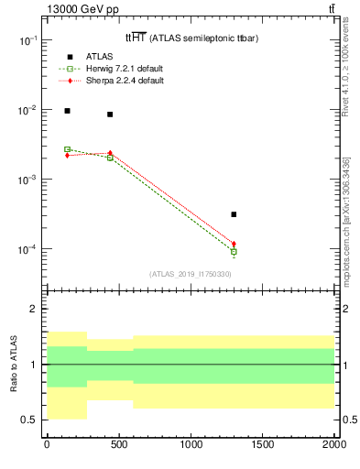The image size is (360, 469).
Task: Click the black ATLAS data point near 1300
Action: tap(235, 214)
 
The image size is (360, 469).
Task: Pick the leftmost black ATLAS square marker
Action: tap(67, 111)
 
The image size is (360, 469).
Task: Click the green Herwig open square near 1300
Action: tap(235, 251)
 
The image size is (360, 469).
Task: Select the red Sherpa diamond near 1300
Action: tap(235, 244)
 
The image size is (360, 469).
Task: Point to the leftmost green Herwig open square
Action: tap(67, 149)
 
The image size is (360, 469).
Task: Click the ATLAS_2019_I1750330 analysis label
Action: tap(191, 274)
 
